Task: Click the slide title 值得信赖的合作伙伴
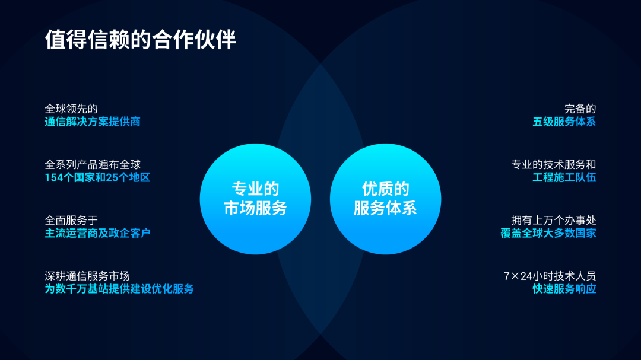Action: [x=141, y=40]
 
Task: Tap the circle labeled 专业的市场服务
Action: [x=255, y=199]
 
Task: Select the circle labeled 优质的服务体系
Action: [x=385, y=199]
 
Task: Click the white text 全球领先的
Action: [x=71, y=109]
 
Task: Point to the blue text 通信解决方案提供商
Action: [x=93, y=122]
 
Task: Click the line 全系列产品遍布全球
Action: [x=93, y=165]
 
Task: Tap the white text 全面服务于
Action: [x=71, y=220]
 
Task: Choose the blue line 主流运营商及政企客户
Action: [x=98, y=233]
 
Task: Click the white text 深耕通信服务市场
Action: [x=87, y=276]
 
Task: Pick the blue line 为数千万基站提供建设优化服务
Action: [x=119, y=289]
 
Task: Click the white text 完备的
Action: [x=580, y=109]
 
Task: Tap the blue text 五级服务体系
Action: [x=564, y=122]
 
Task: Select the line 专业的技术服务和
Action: [x=553, y=165]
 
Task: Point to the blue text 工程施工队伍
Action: [x=564, y=178]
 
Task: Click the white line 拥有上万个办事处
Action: [x=553, y=220]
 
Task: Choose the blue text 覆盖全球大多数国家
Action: [x=548, y=233]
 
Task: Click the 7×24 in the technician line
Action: [x=516, y=276]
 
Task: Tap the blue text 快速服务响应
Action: [x=564, y=289]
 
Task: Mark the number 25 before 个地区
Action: [x=111, y=178]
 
